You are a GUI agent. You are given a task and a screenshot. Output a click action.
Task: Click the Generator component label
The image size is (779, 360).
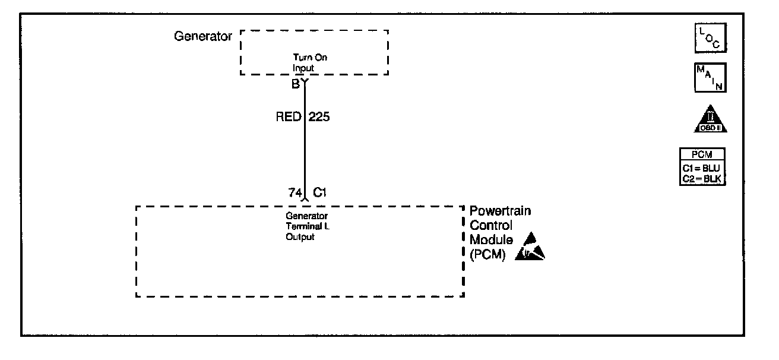tap(202, 36)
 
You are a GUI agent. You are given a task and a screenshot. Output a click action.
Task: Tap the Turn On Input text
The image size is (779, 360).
tap(309, 62)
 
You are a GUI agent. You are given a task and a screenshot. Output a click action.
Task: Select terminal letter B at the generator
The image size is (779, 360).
tap(295, 84)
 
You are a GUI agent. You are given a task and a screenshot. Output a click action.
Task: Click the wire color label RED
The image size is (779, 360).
tap(289, 117)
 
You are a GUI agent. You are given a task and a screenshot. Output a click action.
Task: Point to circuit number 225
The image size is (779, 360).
tap(319, 117)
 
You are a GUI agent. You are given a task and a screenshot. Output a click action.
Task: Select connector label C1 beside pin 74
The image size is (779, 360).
tap(321, 192)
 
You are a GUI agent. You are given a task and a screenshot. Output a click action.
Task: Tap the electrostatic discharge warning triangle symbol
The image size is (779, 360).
tap(530, 248)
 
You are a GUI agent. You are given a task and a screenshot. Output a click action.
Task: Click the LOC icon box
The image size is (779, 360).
tap(710, 39)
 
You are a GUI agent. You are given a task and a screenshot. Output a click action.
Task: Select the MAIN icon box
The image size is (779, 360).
tap(710, 77)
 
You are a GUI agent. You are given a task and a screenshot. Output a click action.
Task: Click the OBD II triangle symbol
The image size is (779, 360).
tap(710, 121)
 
